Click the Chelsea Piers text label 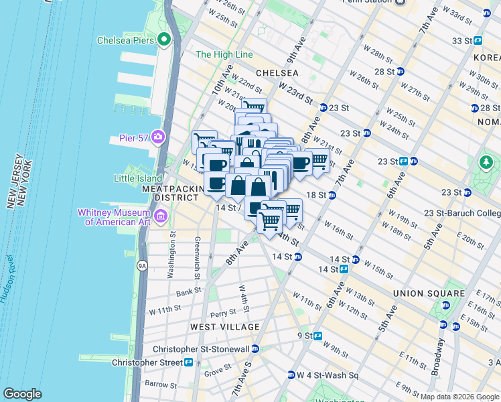pyautogui.click(x=125, y=40)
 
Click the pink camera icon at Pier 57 pyautogui.click(x=158, y=137)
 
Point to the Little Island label pyautogui.click(x=138, y=178)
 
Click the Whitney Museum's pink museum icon pyautogui.click(x=161, y=216)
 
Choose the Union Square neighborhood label pyautogui.click(x=429, y=293)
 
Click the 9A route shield pyautogui.click(x=142, y=266)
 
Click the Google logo pyautogui.click(x=22, y=394)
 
